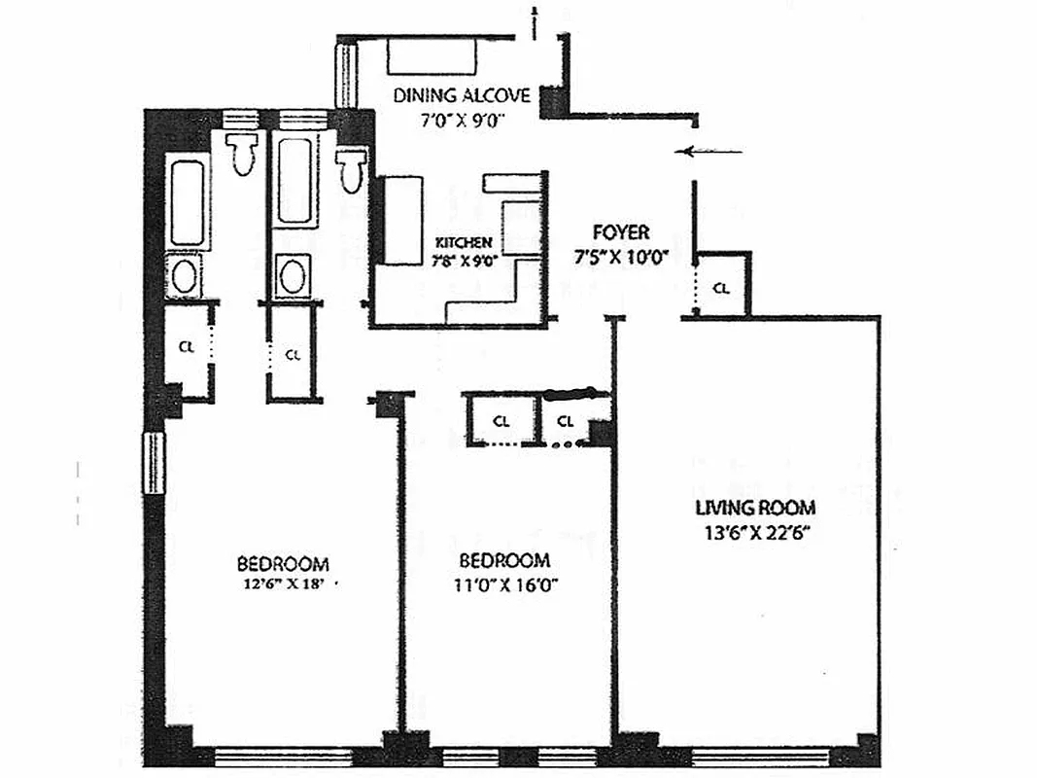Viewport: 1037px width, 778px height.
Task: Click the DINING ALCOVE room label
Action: click(x=462, y=95)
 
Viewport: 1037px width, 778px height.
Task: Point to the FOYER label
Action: click(x=621, y=233)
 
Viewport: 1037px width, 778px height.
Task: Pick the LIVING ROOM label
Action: click(x=755, y=508)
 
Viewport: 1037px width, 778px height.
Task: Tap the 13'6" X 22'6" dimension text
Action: click(x=753, y=532)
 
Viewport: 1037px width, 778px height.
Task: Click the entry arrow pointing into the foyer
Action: click(x=712, y=151)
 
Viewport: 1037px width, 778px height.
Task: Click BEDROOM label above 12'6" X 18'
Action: click(x=283, y=564)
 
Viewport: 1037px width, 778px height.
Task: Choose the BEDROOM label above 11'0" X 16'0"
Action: click(x=504, y=561)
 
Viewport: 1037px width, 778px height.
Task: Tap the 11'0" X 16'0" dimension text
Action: click(x=504, y=585)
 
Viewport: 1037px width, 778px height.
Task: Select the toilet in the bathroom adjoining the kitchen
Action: click(x=351, y=167)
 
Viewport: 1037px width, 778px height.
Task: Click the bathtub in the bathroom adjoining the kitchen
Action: click(x=291, y=181)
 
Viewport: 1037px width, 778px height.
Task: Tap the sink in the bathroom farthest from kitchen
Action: click(x=185, y=277)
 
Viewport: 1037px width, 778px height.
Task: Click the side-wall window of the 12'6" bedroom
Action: click(x=154, y=463)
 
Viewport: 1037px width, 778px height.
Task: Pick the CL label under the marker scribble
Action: click(x=567, y=421)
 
